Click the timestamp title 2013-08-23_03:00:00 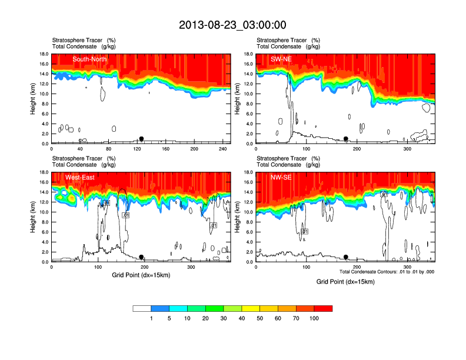pyautogui.click(x=232, y=25)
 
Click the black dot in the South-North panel pyautogui.click(x=141, y=139)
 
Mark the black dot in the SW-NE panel pyautogui.click(x=346, y=139)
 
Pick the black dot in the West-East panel pyautogui.click(x=141, y=257)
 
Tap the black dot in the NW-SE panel pyautogui.click(x=346, y=257)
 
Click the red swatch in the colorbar pyautogui.click(x=324, y=308)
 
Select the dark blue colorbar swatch pyautogui.click(x=160, y=308)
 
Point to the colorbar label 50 pyautogui.click(x=260, y=318)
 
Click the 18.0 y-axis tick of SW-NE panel pyautogui.click(x=249, y=54)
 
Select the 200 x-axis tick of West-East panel pyautogui.click(x=145, y=267)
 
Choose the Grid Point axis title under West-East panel pyautogui.click(x=141, y=275)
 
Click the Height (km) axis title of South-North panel pyautogui.click(x=33, y=99)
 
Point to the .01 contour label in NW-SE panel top pyautogui.click(x=384, y=194)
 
